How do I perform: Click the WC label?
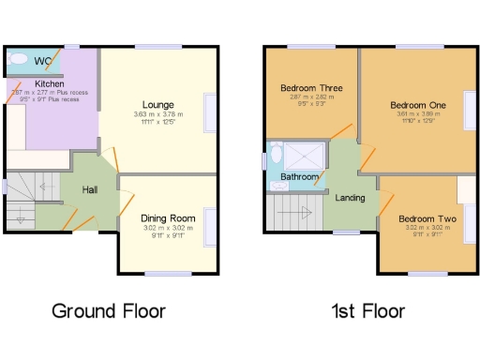[43, 62]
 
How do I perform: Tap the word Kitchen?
[50, 83]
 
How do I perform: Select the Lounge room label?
[157, 104]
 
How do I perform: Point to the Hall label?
[89, 190]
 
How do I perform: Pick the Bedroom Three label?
[311, 88]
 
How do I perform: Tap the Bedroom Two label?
[427, 218]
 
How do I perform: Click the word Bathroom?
[299, 176]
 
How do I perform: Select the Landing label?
[350, 197]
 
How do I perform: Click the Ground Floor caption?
[109, 310]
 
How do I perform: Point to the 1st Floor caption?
[367, 310]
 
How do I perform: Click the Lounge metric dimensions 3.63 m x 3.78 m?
[157, 115]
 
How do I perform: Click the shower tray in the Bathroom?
[306, 153]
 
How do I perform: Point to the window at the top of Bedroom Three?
[310, 46]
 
